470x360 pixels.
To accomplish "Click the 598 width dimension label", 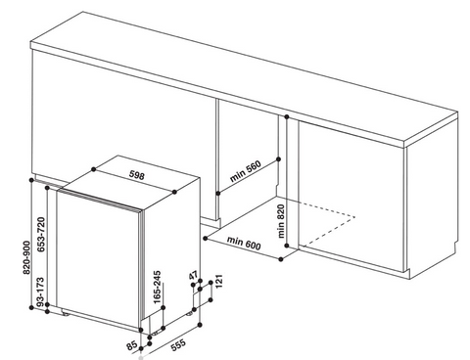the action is (137, 176).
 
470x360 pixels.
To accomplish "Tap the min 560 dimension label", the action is (246, 171).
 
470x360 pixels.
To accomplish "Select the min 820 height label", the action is (281, 221).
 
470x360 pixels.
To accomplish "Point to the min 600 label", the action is (244, 244).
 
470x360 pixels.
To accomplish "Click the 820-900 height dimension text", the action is (26, 257).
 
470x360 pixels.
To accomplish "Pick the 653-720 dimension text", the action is (41, 235).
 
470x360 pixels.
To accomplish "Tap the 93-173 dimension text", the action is (40, 292).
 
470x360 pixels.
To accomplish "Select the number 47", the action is (193, 275).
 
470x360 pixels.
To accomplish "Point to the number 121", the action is (218, 281).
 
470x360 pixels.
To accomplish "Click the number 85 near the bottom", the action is (132, 345).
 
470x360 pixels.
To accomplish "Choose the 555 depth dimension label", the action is (178, 345).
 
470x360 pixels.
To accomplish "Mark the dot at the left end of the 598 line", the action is (94, 169).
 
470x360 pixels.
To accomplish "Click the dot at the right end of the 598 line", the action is (174, 192).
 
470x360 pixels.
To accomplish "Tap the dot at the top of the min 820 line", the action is (287, 116).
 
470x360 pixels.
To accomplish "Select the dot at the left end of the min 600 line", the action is (206, 238).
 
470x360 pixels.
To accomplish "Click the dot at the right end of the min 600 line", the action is (281, 259).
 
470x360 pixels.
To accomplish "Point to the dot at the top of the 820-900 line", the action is (31, 180).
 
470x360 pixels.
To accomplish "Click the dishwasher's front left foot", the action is (66, 314).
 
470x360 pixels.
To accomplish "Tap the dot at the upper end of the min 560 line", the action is (278, 159).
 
